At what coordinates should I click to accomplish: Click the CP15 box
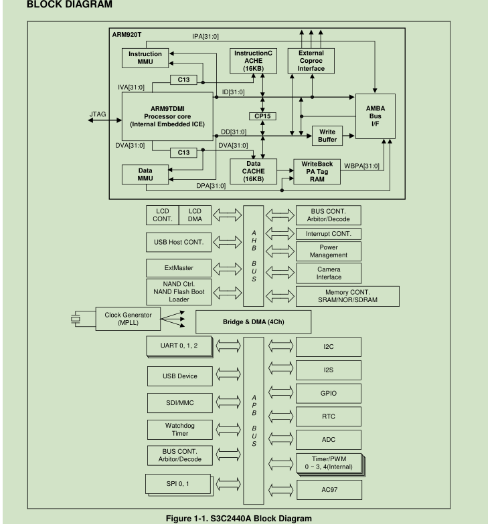(262, 116)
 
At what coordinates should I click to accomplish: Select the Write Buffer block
(327, 136)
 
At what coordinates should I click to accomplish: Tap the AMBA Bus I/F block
(375, 116)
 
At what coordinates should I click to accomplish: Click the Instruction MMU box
(145, 57)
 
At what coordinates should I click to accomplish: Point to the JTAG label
(98, 114)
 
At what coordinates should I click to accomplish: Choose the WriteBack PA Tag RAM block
(317, 171)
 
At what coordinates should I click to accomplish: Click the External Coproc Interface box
(311, 61)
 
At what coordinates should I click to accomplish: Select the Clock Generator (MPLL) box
(128, 319)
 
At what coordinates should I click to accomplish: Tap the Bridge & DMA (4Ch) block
(253, 322)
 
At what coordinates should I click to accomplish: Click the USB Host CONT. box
(179, 242)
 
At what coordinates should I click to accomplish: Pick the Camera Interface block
(329, 273)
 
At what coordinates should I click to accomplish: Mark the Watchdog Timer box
(179, 429)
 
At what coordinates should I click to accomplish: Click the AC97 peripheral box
(329, 489)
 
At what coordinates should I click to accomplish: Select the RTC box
(329, 416)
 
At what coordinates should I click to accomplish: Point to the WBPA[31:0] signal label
(361, 166)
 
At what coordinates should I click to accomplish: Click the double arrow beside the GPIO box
(281, 392)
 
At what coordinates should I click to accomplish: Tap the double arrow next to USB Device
(228, 374)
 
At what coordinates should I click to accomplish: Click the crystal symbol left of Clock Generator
(76, 319)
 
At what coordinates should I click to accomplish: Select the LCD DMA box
(195, 215)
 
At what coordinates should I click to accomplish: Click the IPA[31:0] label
(205, 36)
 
